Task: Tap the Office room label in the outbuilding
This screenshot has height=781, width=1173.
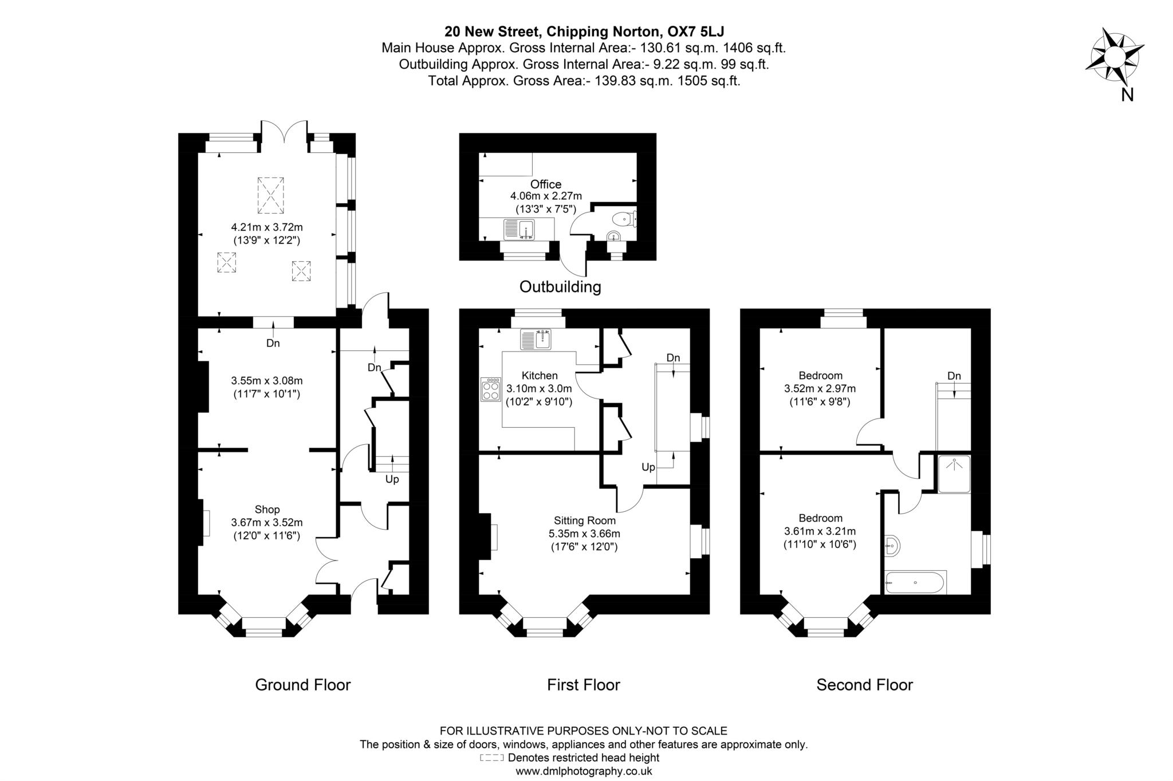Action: tap(545, 184)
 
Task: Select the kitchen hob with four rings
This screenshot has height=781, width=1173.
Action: tap(491, 390)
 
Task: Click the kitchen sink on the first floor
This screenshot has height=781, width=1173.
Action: tap(536, 340)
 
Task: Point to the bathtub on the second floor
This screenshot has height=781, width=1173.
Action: tap(915, 582)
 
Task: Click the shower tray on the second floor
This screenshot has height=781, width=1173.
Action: tap(954, 474)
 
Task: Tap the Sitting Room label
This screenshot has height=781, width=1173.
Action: tap(584, 520)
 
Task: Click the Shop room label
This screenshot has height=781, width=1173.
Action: tap(267, 510)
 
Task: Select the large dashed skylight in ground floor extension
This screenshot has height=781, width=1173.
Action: tap(270, 195)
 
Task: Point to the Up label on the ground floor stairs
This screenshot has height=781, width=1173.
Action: tap(392, 479)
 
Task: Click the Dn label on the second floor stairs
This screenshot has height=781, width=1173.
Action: tap(954, 376)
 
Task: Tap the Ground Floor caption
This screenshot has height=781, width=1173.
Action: tap(302, 685)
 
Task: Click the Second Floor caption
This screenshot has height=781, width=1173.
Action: tap(864, 685)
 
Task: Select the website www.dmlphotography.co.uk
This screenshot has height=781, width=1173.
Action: tap(584, 771)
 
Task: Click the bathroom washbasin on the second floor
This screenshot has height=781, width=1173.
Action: tap(891, 546)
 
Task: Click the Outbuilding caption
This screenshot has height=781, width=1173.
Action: tap(560, 286)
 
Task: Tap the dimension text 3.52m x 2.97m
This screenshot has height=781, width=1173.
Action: tap(820, 389)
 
